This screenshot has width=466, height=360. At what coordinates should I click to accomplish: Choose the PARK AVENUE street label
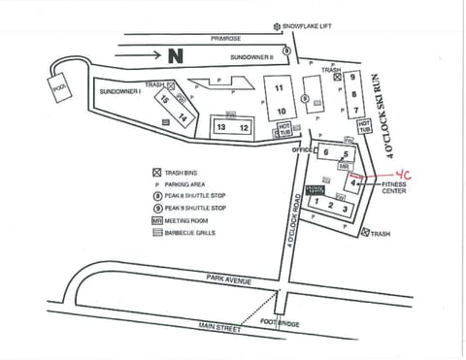point(228,279)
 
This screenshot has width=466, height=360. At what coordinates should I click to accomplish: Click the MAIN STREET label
point(219,328)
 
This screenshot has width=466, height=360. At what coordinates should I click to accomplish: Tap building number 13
point(222,127)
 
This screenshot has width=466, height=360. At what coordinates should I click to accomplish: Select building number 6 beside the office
point(326,152)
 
